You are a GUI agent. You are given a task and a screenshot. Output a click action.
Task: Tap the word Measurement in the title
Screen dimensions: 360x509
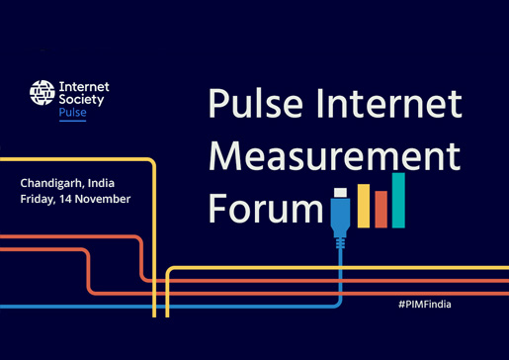(334, 157)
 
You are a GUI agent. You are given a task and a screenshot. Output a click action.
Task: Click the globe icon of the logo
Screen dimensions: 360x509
(42, 94)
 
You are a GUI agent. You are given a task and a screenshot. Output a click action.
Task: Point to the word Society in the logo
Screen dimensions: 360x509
(80, 100)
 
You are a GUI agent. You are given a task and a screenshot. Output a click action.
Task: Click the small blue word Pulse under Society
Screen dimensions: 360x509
(73, 114)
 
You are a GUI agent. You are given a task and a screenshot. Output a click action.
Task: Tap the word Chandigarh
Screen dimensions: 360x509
(50, 183)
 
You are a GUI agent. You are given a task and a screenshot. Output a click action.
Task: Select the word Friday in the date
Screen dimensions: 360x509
(39, 199)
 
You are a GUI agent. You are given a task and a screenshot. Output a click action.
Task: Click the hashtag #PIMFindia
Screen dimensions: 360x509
(425, 305)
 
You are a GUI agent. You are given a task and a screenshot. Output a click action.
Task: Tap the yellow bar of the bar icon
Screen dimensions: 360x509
(364, 206)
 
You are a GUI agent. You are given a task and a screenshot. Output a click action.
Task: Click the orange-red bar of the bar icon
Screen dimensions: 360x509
(381, 210)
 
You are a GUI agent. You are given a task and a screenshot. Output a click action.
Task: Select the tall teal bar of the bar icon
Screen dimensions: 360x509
(397, 201)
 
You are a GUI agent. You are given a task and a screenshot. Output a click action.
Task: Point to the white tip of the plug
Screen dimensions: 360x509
(340, 192)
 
